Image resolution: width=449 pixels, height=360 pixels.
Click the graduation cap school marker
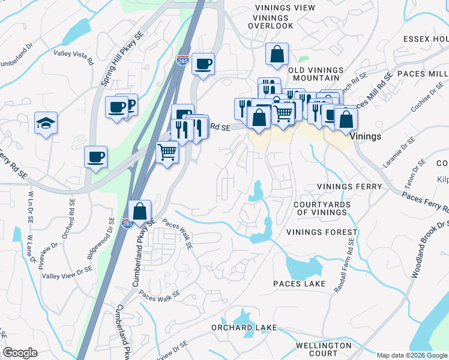pyautogui.click(x=46, y=123)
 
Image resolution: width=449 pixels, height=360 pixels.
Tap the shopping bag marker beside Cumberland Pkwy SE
pyautogui.click(x=139, y=212)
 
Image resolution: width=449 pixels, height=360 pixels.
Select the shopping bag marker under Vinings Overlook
pyautogui.click(x=277, y=55)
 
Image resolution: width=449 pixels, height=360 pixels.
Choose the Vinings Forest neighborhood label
pyautogui.click(x=322, y=232)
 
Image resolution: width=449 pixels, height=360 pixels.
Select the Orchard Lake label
pyautogui.click(x=244, y=328)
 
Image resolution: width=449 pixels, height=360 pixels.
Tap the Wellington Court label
pyautogui.click(x=324, y=349)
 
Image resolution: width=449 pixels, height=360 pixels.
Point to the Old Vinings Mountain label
pyautogui.click(x=315, y=74)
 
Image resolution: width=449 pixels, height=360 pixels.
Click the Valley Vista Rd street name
pyautogui.click(x=74, y=57)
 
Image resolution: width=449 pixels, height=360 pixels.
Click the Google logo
pyautogui.click(x=20, y=353)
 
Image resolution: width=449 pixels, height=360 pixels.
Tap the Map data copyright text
pyautogui.click(x=412, y=355)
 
